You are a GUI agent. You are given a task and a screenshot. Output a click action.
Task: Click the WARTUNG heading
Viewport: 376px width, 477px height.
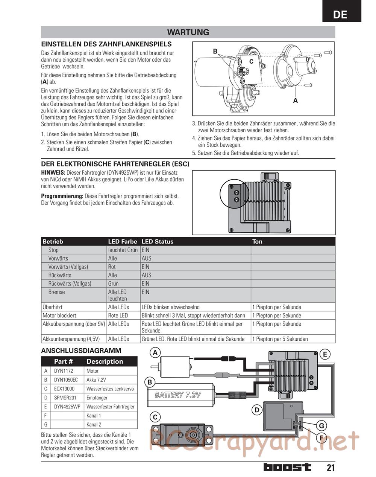pyautogui.click(x=188, y=32)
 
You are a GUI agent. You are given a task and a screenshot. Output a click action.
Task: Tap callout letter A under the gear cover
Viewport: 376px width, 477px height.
pyautogui.click(x=295, y=101)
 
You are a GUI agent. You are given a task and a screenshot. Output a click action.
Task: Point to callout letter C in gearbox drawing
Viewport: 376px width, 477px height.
pyautogui.click(x=251, y=61)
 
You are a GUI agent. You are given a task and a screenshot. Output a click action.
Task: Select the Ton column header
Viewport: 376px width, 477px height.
pyautogui.click(x=258, y=242)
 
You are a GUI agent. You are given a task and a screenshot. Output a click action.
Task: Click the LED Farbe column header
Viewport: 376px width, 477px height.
pyautogui.click(x=123, y=242)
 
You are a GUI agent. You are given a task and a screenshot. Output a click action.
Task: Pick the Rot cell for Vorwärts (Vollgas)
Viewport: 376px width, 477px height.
pyautogui.click(x=112, y=267)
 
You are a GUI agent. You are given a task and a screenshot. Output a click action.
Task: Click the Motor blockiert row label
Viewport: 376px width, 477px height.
pyautogui.click(x=59, y=315)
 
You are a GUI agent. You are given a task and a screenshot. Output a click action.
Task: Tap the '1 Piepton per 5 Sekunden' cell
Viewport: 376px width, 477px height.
pyautogui.click(x=280, y=339)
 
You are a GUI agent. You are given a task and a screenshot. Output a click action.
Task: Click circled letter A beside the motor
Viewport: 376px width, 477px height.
pyautogui.click(x=155, y=353)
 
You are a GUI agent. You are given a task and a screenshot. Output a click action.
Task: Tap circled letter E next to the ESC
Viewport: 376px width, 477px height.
pyautogui.click(x=324, y=354)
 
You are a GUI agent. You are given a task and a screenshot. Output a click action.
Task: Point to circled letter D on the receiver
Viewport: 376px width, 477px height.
pyautogui.click(x=257, y=410)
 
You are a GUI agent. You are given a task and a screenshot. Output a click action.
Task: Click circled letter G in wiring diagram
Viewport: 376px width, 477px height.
pyautogui.click(x=321, y=426)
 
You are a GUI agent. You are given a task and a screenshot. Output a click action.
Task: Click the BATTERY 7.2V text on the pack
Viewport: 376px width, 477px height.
pyautogui.click(x=178, y=395)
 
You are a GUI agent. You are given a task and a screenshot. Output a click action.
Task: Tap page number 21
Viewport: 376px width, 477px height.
pyautogui.click(x=330, y=468)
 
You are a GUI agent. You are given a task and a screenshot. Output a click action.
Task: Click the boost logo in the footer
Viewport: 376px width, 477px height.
pyautogui.click(x=287, y=467)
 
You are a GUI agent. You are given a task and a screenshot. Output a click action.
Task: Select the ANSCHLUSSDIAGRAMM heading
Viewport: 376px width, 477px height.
pyautogui.click(x=81, y=351)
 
